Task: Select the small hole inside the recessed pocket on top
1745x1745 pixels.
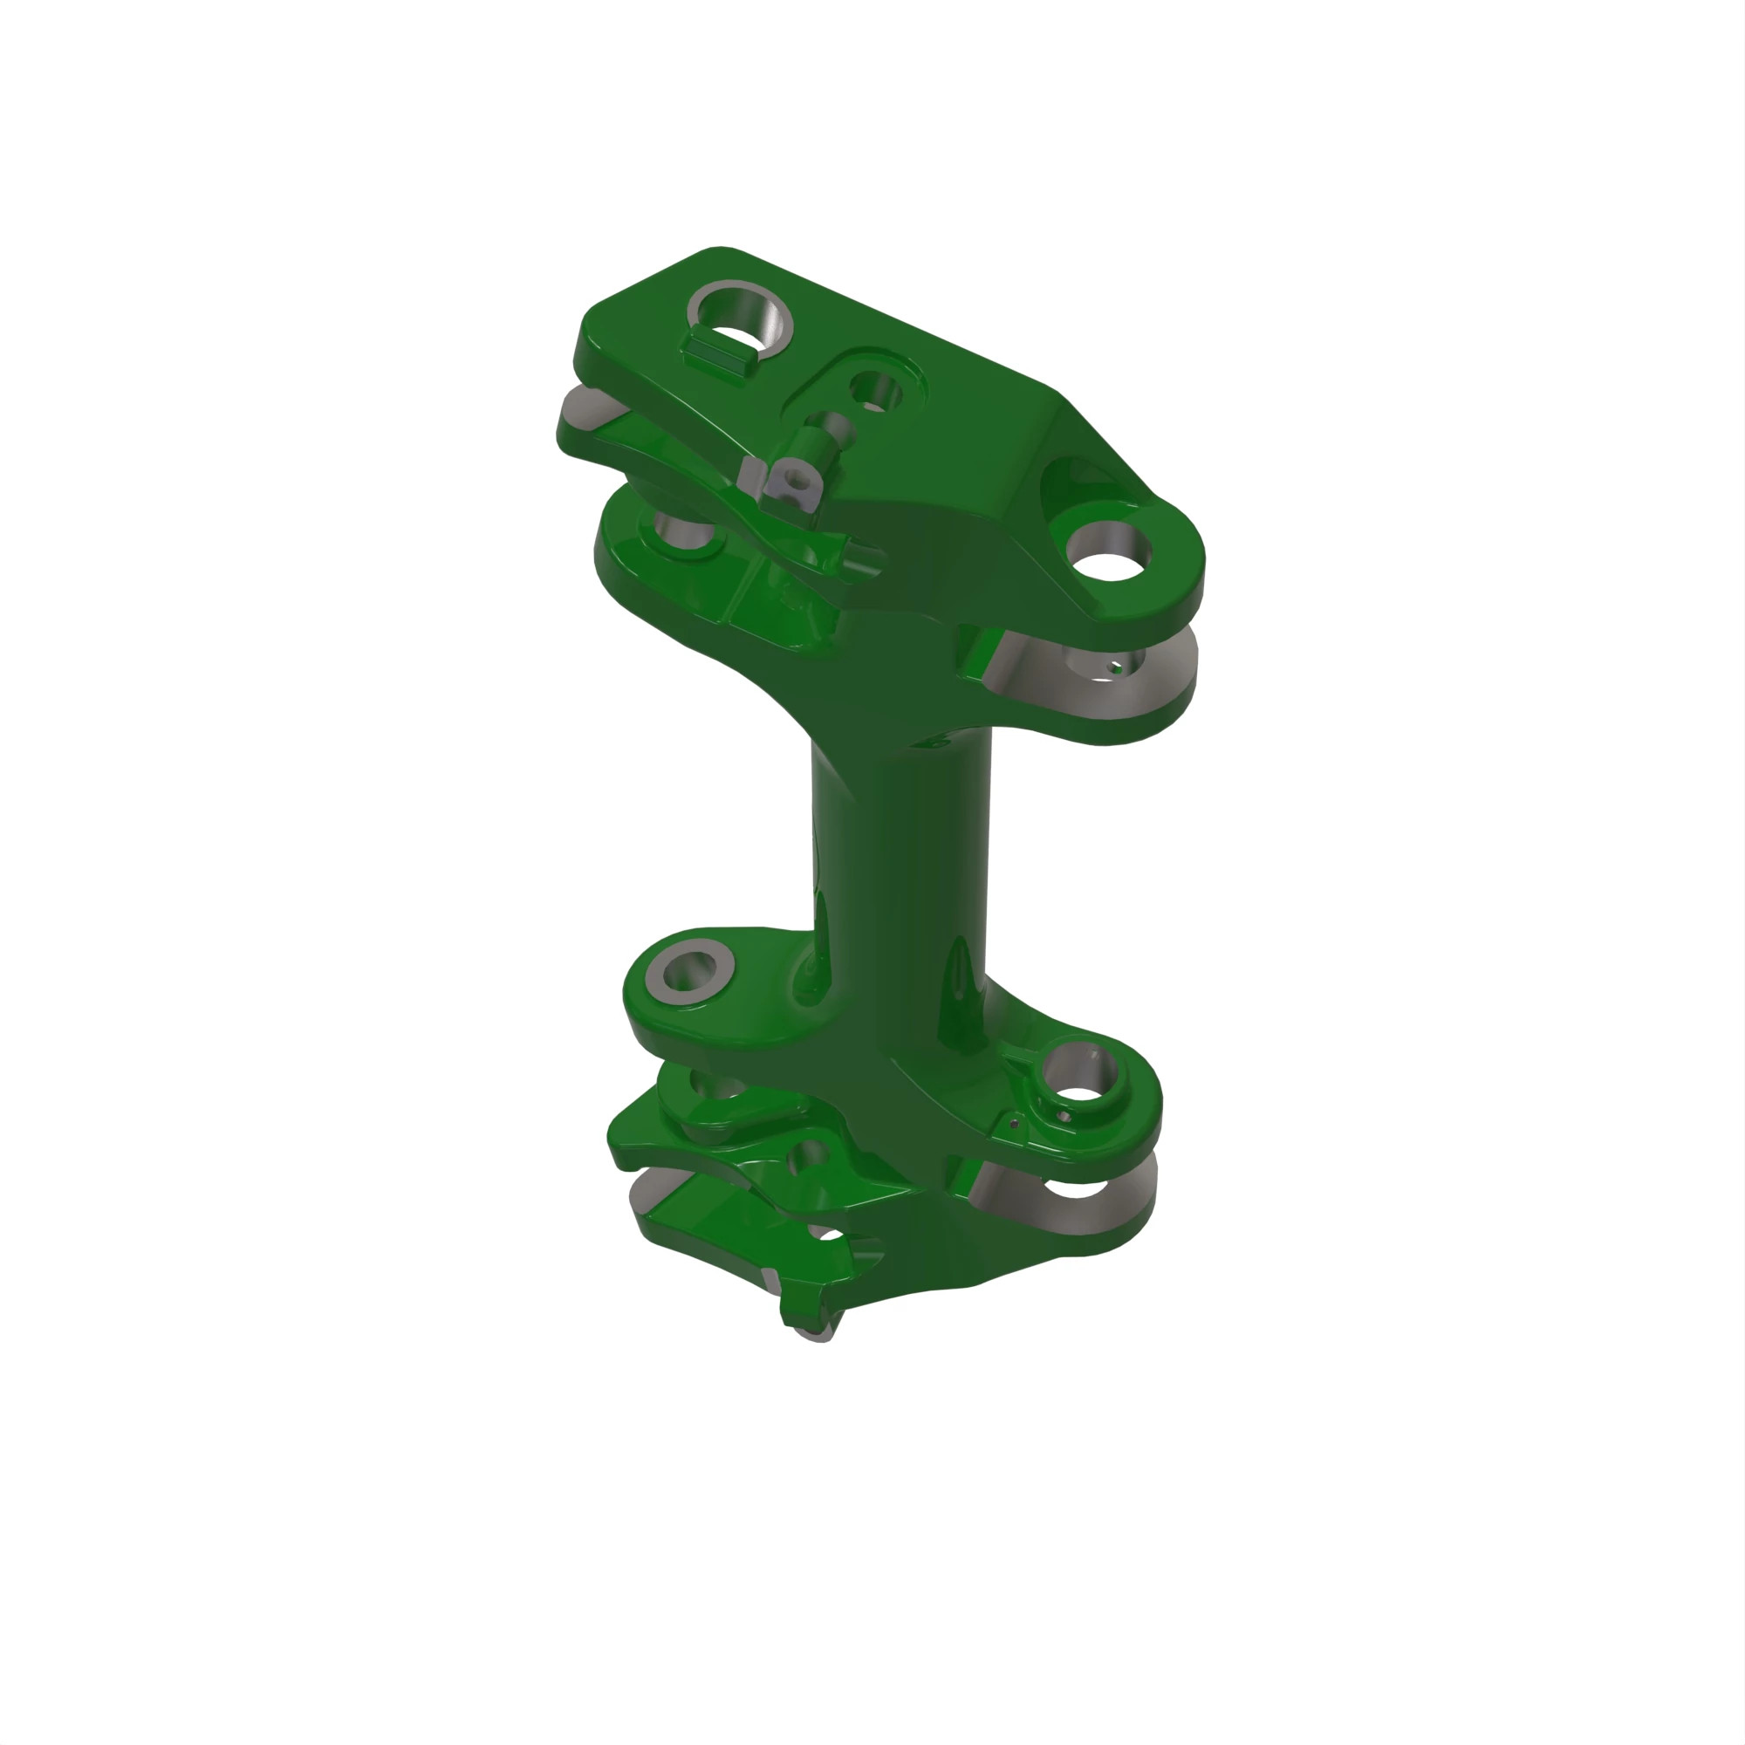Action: tap(875, 393)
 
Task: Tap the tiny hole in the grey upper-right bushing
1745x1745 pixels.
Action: tap(1117, 669)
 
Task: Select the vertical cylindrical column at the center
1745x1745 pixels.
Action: tap(903, 858)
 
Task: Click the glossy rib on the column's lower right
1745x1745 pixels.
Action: tap(957, 1003)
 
